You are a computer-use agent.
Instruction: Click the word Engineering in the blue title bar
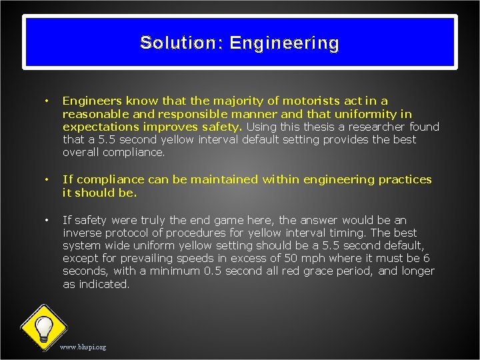284,43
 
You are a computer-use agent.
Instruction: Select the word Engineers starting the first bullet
88,101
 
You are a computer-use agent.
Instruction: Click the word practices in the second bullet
406,179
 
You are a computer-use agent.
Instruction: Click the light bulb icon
43,327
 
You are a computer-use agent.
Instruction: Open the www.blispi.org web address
83,347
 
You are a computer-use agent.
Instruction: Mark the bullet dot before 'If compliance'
46,179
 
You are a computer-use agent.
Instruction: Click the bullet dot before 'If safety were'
46,220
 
